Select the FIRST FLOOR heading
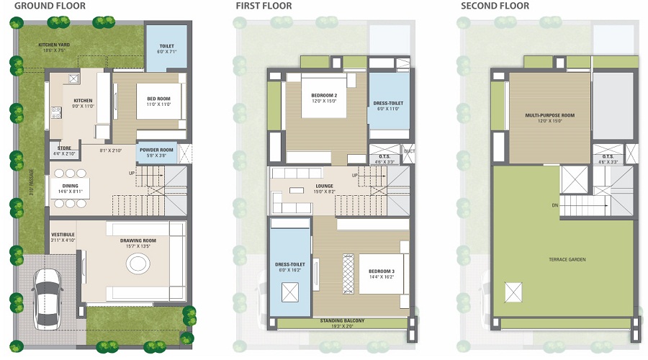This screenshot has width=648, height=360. tap(265, 6)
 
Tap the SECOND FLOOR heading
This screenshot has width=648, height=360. tap(495, 6)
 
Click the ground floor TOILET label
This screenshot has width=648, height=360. tap(166, 46)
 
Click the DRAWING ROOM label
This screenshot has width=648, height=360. tap(135, 242)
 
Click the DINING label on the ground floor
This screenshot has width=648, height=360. tap(69, 186)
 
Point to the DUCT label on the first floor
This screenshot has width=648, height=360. tap(408, 151)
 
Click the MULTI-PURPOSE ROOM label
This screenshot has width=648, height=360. tap(549, 114)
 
